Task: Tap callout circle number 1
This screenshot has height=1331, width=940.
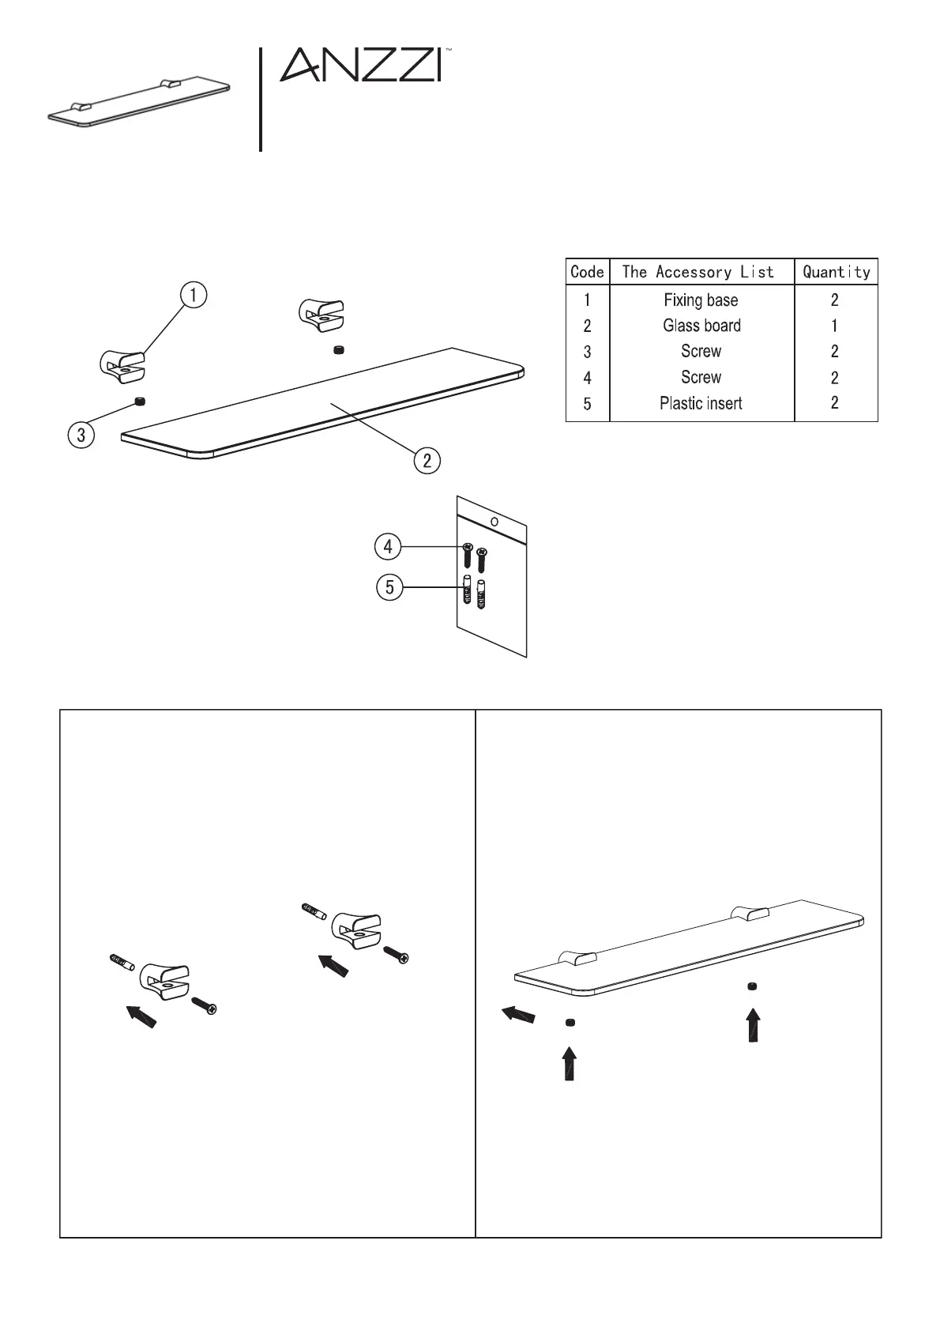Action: click(194, 295)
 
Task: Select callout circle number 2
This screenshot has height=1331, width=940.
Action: click(427, 460)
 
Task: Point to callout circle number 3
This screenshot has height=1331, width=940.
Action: click(81, 434)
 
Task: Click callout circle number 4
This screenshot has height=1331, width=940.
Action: click(388, 546)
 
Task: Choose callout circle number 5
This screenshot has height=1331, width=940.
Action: click(389, 588)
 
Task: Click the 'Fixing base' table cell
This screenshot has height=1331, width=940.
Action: click(701, 300)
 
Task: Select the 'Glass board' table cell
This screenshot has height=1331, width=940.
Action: click(701, 326)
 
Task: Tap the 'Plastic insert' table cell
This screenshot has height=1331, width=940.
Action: click(701, 403)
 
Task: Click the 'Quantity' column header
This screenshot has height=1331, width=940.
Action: click(836, 272)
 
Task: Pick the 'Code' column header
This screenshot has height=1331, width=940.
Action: click(587, 272)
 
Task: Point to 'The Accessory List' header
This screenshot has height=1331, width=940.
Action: click(698, 272)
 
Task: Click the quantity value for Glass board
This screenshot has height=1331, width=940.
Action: click(835, 326)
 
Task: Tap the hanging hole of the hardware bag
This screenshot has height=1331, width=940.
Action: click(494, 522)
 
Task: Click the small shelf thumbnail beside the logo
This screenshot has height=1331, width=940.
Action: click(138, 104)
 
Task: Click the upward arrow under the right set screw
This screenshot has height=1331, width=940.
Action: click(754, 1025)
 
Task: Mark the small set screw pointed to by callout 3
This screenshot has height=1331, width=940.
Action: click(141, 402)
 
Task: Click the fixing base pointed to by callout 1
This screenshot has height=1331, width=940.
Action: click(123, 366)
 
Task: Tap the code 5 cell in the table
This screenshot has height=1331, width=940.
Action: click(587, 404)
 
